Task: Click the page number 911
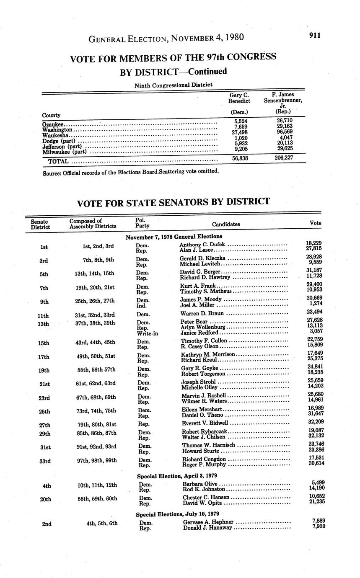point(315,35)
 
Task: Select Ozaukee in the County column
point(53,124)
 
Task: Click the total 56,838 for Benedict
point(241,159)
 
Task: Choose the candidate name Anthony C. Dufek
point(202,245)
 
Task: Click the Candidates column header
point(225,224)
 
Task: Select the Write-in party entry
point(146,333)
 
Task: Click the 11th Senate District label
point(43,315)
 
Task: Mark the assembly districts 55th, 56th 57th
point(98,370)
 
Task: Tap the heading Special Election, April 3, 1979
point(177,476)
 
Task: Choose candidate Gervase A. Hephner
point(208,522)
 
